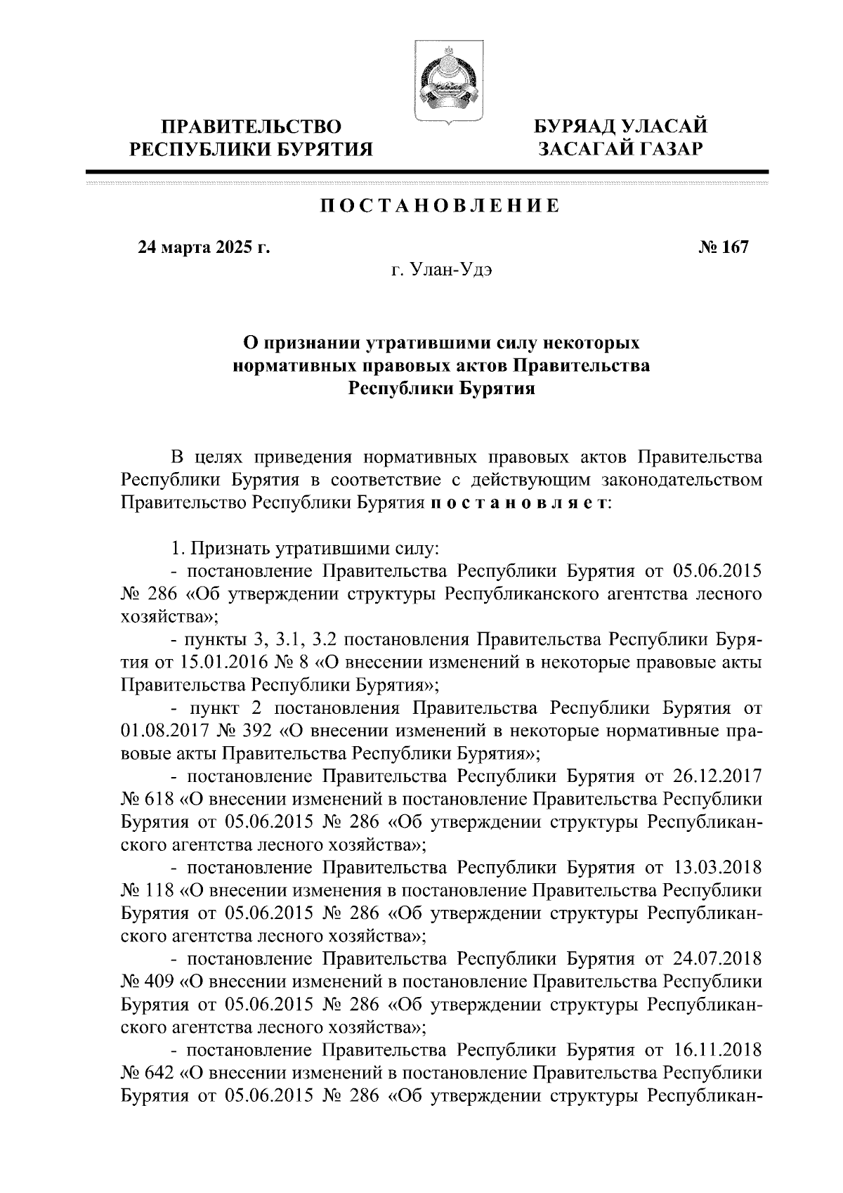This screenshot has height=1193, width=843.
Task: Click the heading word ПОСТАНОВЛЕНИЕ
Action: pos(440,206)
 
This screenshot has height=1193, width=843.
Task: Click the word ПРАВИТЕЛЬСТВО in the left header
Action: pos(252,127)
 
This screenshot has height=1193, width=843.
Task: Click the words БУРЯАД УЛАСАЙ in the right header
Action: pos(619,127)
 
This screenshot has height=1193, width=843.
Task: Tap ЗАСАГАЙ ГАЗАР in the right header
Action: pos(619,150)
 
